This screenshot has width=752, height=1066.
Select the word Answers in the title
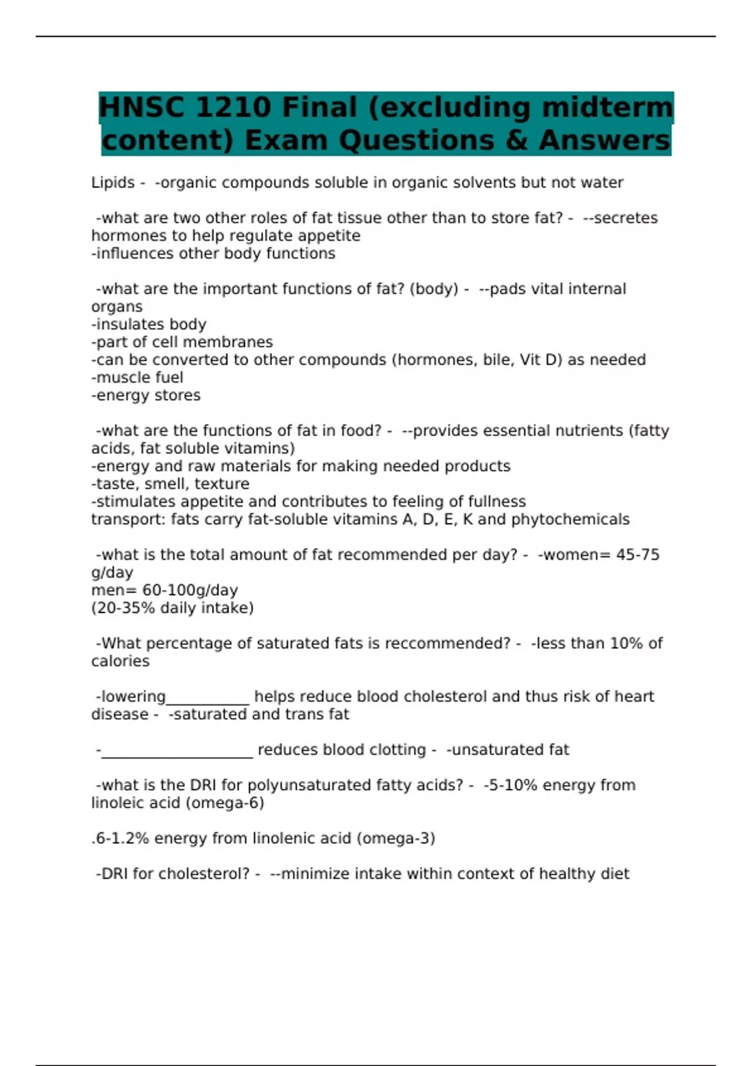pyautogui.click(x=605, y=140)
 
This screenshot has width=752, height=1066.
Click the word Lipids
pyautogui.click(x=113, y=182)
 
